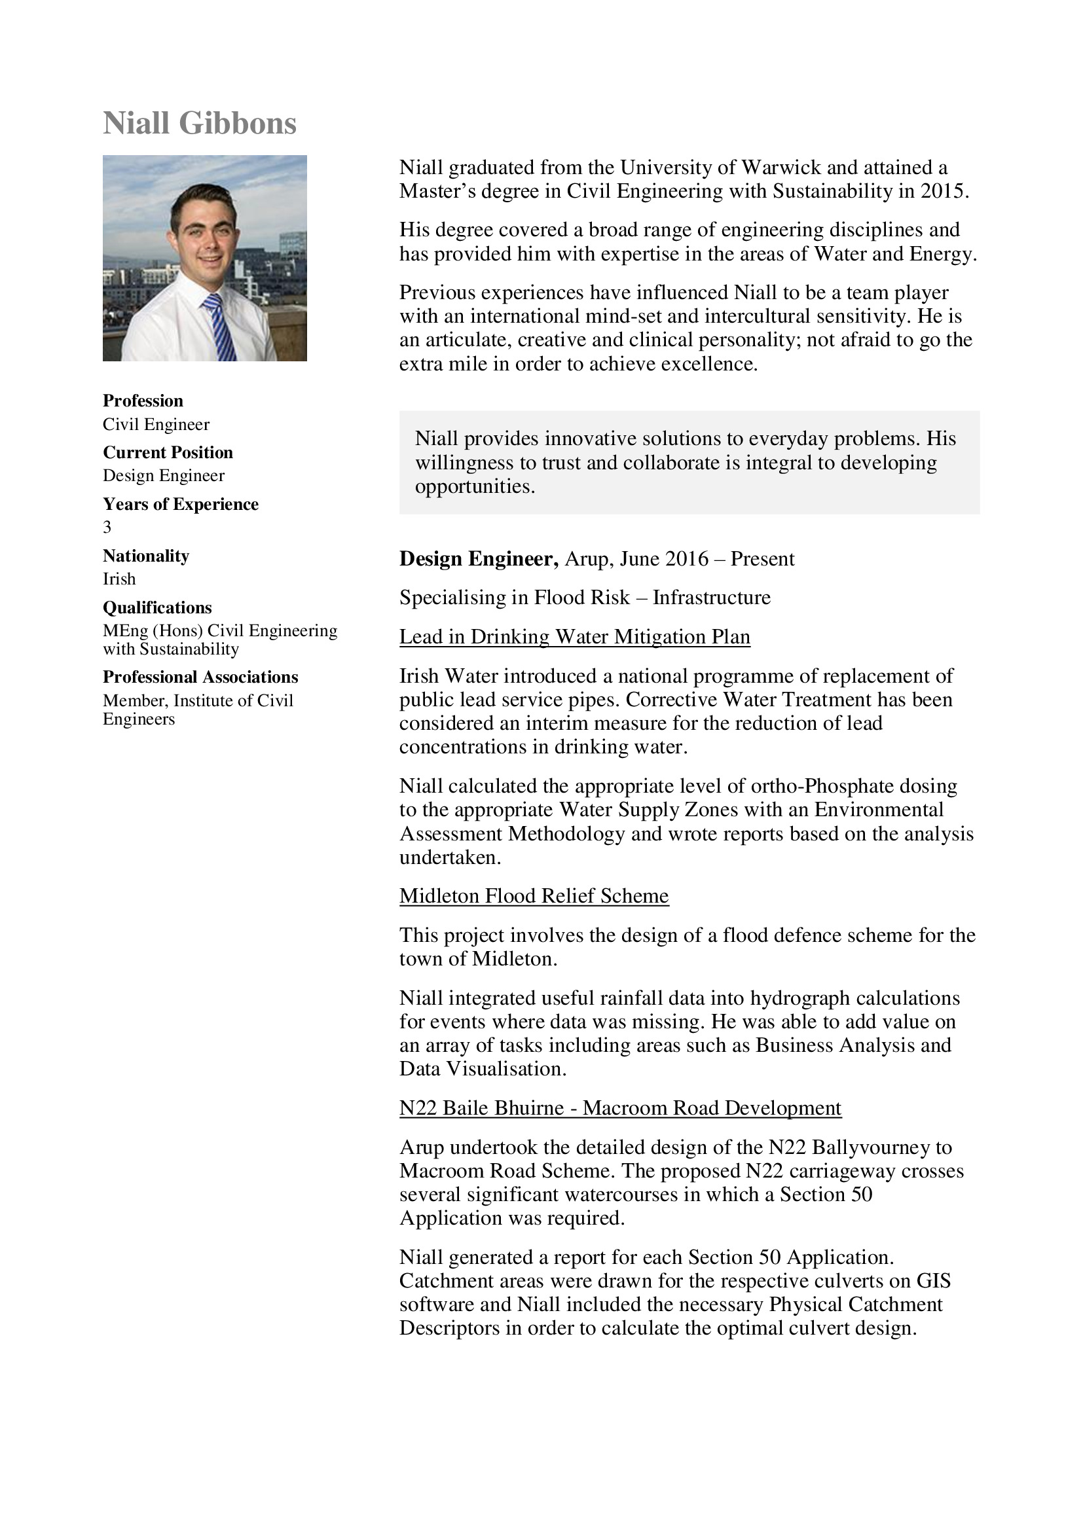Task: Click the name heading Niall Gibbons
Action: pos(200,123)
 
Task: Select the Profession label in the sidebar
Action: pos(143,401)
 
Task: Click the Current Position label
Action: pos(168,453)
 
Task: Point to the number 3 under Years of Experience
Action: pos(107,528)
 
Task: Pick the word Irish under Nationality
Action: pos(119,579)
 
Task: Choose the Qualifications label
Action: pos(157,607)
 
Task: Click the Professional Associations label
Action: pos(200,677)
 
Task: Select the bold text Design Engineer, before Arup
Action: pos(479,559)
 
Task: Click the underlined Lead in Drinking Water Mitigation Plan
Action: pos(575,637)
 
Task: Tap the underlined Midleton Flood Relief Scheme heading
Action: pos(534,895)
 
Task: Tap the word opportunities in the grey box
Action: pos(475,487)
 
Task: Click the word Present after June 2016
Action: pos(762,559)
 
